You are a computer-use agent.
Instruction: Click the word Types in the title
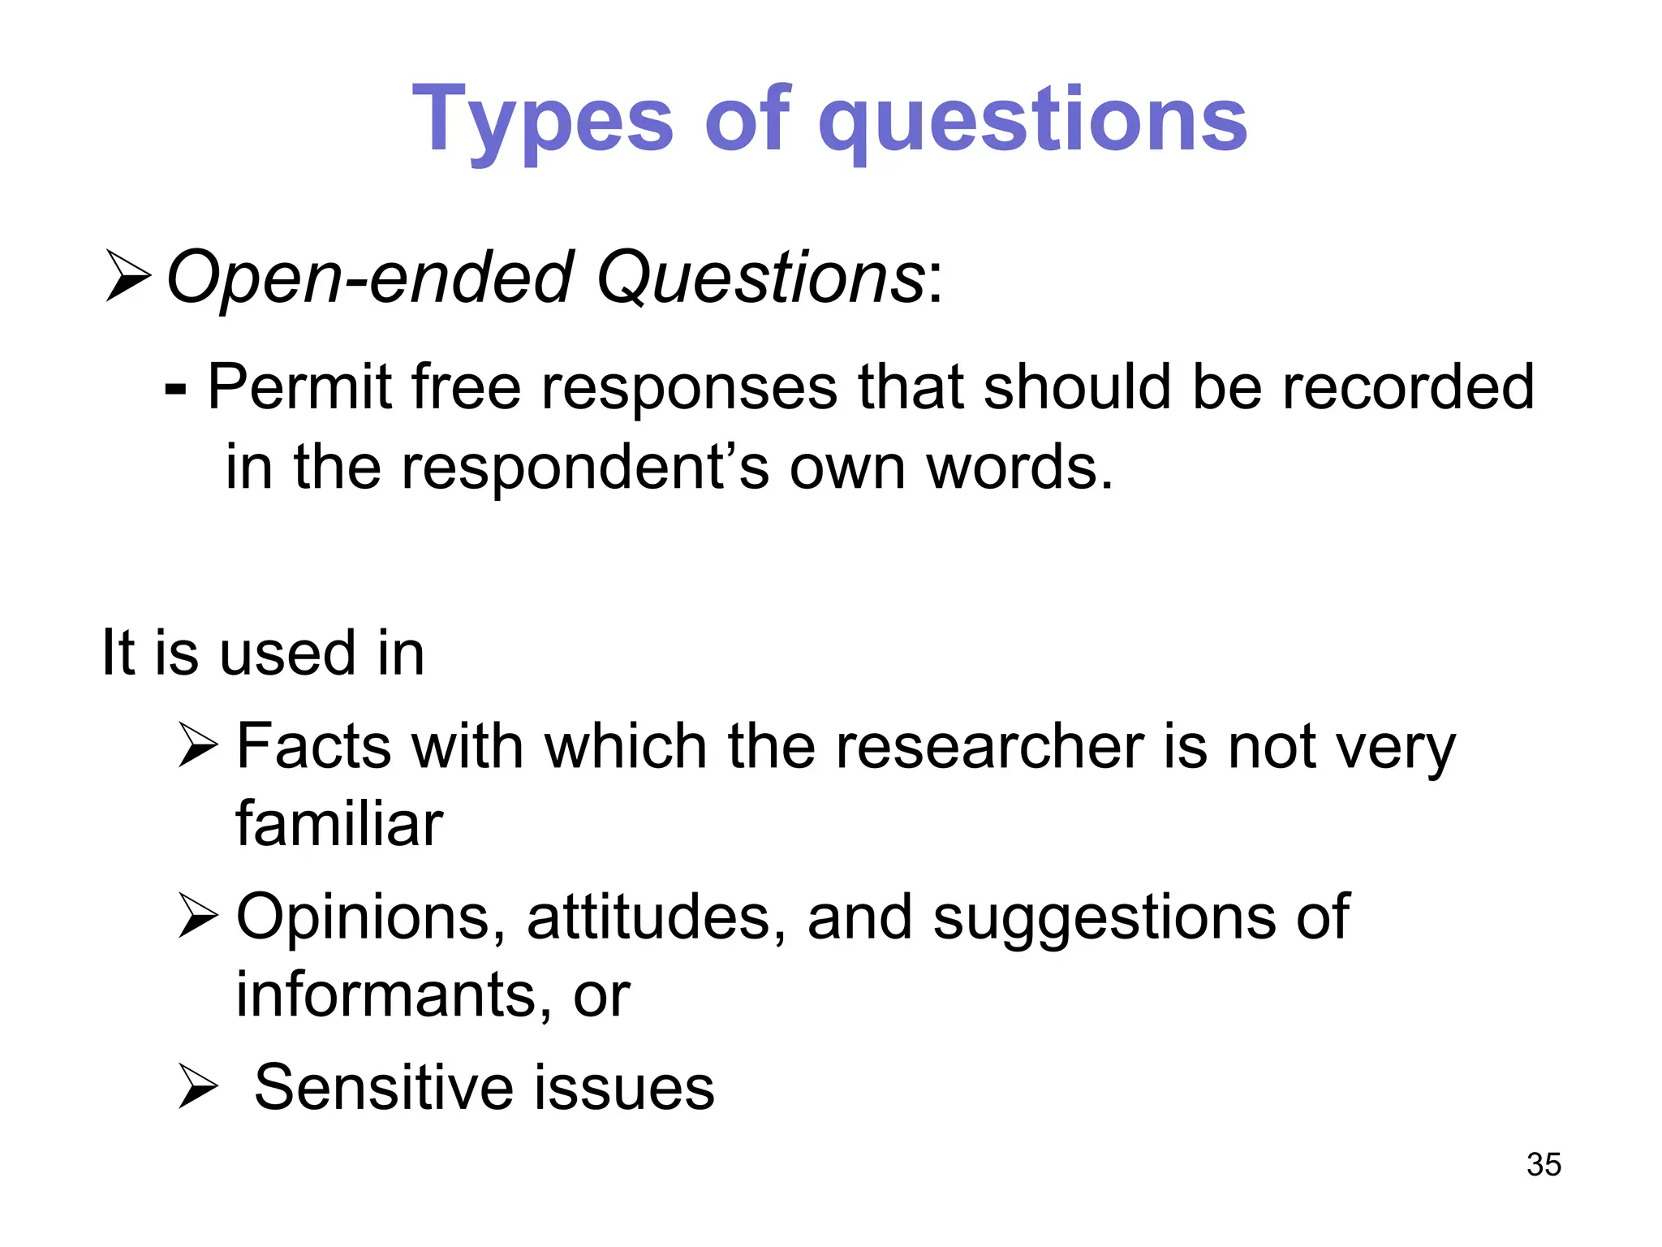pyautogui.click(x=542, y=122)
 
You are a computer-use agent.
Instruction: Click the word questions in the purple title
pyautogui.click(x=1032, y=122)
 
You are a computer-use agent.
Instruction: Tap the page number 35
pyautogui.click(x=1544, y=1164)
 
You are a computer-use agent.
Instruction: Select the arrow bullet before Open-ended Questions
pyautogui.click(x=128, y=277)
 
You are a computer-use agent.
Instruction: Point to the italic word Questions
pyautogui.click(x=760, y=278)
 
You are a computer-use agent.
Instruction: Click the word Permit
pyautogui.click(x=299, y=386)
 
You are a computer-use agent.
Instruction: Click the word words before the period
pyautogui.click(x=1011, y=468)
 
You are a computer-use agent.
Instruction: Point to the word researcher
pyautogui.click(x=990, y=746)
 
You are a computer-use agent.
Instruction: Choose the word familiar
pyautogui.click(x=339, y=824)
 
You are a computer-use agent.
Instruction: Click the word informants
pyautogui.click(x=385, y=995)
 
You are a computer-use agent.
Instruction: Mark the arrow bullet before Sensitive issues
pyautogui.click(x=198, y=1087)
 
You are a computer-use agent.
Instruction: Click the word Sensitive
pyautogui.click(x=382, y=1087)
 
